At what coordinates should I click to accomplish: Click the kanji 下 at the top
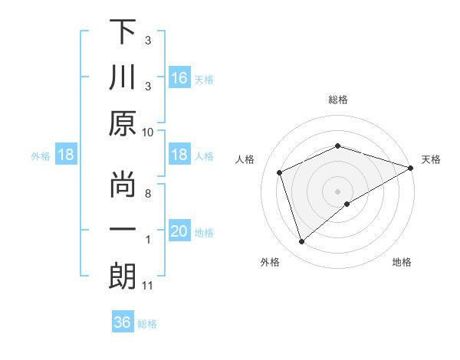[x=122, y=33]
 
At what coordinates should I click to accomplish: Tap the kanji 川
[x=122, y=79]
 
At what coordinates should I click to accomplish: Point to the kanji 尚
[x=122, y=183]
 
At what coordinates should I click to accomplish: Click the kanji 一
[x=122, y=230]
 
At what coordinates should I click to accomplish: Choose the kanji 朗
[x=122, y=276]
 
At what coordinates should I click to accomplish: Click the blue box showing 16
[x=179, y=78]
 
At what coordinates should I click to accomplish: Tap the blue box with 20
[x=179, y=232]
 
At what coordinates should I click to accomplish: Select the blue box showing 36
[x=123, y=322]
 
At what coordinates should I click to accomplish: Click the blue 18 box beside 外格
[x=66, y=155]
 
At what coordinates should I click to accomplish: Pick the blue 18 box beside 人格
[x=179, y=155]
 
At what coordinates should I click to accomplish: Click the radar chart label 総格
[x=338, y=100]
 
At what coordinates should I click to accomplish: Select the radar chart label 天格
[x=432, y=159]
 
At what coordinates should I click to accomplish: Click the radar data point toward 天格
[x=411, y=167]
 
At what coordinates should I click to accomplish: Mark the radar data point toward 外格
[x=301, y=242]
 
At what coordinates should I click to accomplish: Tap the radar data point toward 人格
[x=280, y=172]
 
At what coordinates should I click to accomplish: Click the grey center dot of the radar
[x=338, y=191]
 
